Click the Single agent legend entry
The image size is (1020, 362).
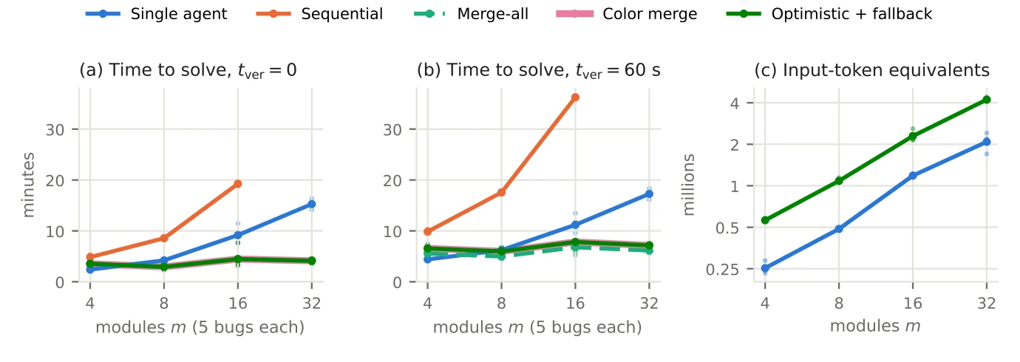point(156,13)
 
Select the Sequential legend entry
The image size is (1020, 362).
point(319,13)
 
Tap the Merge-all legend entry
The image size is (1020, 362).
point(471,13)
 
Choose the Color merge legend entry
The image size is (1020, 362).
point(627,13)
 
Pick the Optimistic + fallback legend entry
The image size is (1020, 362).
point(829,13)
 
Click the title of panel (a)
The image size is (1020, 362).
point(188,70)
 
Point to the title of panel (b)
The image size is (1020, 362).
point(539,70)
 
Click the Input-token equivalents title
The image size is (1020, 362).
point(872,70)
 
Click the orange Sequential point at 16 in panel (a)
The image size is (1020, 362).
point(238,184)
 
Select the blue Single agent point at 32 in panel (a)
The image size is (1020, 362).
point(311,204)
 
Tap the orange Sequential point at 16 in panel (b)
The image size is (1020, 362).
point(575,97)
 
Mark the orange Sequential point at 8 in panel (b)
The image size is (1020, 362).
point(501,192)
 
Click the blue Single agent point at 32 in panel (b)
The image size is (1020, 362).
point(649,194)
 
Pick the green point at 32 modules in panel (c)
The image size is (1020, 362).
point(986,100)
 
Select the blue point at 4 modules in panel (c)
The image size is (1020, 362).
point(765,268)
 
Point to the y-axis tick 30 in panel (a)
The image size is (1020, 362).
point(55,130)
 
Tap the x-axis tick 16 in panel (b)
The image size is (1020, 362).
point(575,303)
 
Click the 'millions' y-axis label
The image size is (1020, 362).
point(689,185)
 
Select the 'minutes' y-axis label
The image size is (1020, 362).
point(28,185)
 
